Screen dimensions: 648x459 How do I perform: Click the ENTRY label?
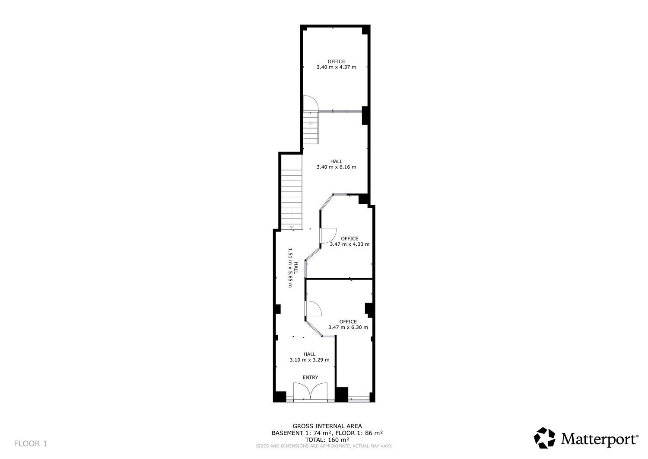click(310, 377)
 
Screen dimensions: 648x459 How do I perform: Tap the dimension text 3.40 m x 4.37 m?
click(336, 67)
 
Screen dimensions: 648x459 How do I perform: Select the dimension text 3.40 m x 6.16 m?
click(336, 167)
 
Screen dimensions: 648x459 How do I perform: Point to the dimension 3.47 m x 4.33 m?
click(349, 244)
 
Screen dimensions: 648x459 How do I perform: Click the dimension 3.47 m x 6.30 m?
click(348, 327)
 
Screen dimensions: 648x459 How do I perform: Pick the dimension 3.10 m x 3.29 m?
click(310, 360)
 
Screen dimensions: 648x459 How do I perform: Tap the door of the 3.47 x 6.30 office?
click(314, 308)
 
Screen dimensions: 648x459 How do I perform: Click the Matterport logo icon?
click(544, 438)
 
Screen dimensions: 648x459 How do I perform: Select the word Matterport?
click(600, 439)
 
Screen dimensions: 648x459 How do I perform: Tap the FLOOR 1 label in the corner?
click(31, 443)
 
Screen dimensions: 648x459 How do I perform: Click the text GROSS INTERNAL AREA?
click(327, 426)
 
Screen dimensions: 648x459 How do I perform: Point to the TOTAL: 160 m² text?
click(327, 440)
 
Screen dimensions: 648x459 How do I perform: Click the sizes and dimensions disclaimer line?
click(324, 446)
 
